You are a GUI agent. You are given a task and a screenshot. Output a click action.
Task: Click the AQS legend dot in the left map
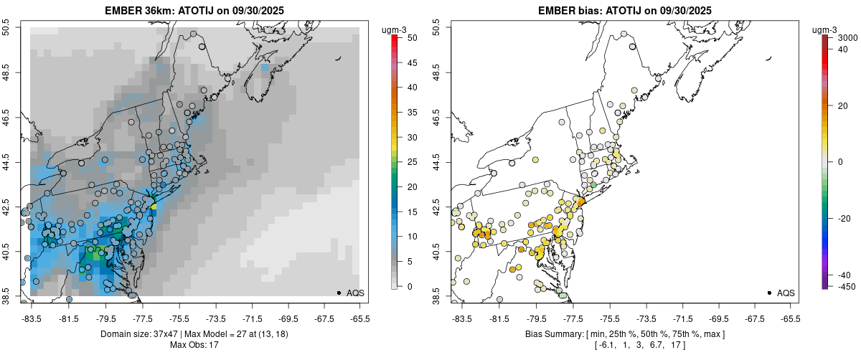coord(338,293)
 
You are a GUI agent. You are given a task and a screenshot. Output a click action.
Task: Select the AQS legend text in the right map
coord(786,293)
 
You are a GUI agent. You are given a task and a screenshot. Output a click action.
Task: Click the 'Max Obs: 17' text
coord(194,346)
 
